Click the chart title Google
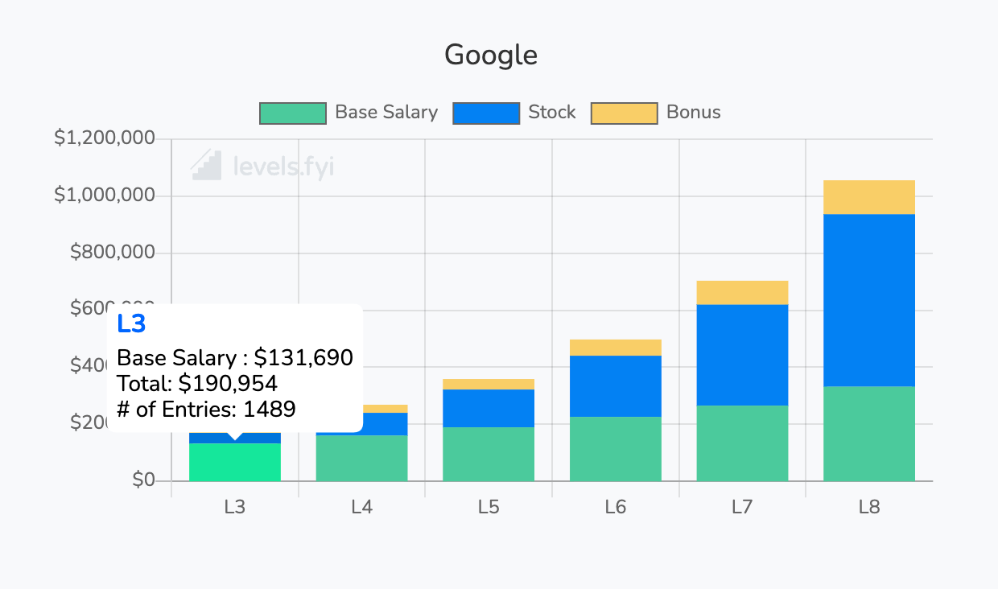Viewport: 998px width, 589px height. (x=491, y=56)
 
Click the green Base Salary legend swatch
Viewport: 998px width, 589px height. (x=292, y=113)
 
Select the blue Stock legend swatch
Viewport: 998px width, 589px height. (x=486, y=113)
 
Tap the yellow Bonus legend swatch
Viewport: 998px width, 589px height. (x=624, y=113)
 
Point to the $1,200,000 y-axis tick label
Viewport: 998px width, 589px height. (x=104, y=138)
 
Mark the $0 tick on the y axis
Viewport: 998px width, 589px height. (x=144, y=480)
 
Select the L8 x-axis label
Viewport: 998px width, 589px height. (x=869, y=507)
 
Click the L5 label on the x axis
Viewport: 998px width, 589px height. (x=489, y=507)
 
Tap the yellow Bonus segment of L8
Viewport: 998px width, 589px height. (x=869, y=197)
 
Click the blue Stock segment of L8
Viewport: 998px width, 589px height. (x=869, y=300)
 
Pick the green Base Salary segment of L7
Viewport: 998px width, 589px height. (x=742, y=443)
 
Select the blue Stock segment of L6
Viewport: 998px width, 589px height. (x=616, y=386)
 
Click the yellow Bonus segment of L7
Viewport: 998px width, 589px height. (x=742, y=293)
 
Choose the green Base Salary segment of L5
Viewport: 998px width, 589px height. (x=489, y=455)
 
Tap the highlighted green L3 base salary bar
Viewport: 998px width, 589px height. (x=235, y=463)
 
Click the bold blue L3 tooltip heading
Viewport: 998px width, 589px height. (x=131, y=323)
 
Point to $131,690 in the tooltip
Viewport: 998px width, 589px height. (x=303, y=357)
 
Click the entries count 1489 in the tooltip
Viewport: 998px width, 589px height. (x=270, y=409)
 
